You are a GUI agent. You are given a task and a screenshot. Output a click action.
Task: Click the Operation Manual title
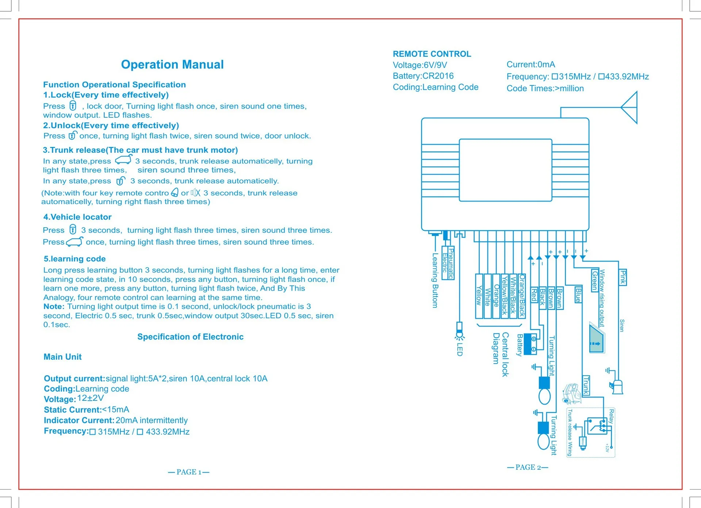pos(172,65)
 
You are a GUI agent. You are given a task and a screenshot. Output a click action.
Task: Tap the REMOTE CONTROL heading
pos(432,54)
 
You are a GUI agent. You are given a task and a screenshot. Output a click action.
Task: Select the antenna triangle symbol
pos(630,108)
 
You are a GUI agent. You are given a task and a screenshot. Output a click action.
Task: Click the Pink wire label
pos(623,278)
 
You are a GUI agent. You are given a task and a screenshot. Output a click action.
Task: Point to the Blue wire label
pos(578,295)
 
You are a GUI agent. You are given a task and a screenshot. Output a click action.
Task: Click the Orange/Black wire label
pos(522,296)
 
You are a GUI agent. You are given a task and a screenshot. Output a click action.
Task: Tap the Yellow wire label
pos(479,296)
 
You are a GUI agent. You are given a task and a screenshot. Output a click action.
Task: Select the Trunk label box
pos(586,385)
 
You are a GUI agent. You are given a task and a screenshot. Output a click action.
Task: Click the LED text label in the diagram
pos(460,349)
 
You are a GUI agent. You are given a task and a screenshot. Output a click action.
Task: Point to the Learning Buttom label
pos(435,280)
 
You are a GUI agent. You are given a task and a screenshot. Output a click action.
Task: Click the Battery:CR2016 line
pos(423,76)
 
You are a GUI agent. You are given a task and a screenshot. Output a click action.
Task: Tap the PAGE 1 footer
pos(189,472)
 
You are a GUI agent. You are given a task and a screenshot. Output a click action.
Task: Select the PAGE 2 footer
pos(528,468)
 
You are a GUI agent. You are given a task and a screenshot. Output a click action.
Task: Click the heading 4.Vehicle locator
pos(77,217)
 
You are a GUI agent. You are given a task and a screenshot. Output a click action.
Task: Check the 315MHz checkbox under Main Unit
pos(93,432)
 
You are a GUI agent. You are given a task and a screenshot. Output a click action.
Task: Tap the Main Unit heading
pos(62,357)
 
